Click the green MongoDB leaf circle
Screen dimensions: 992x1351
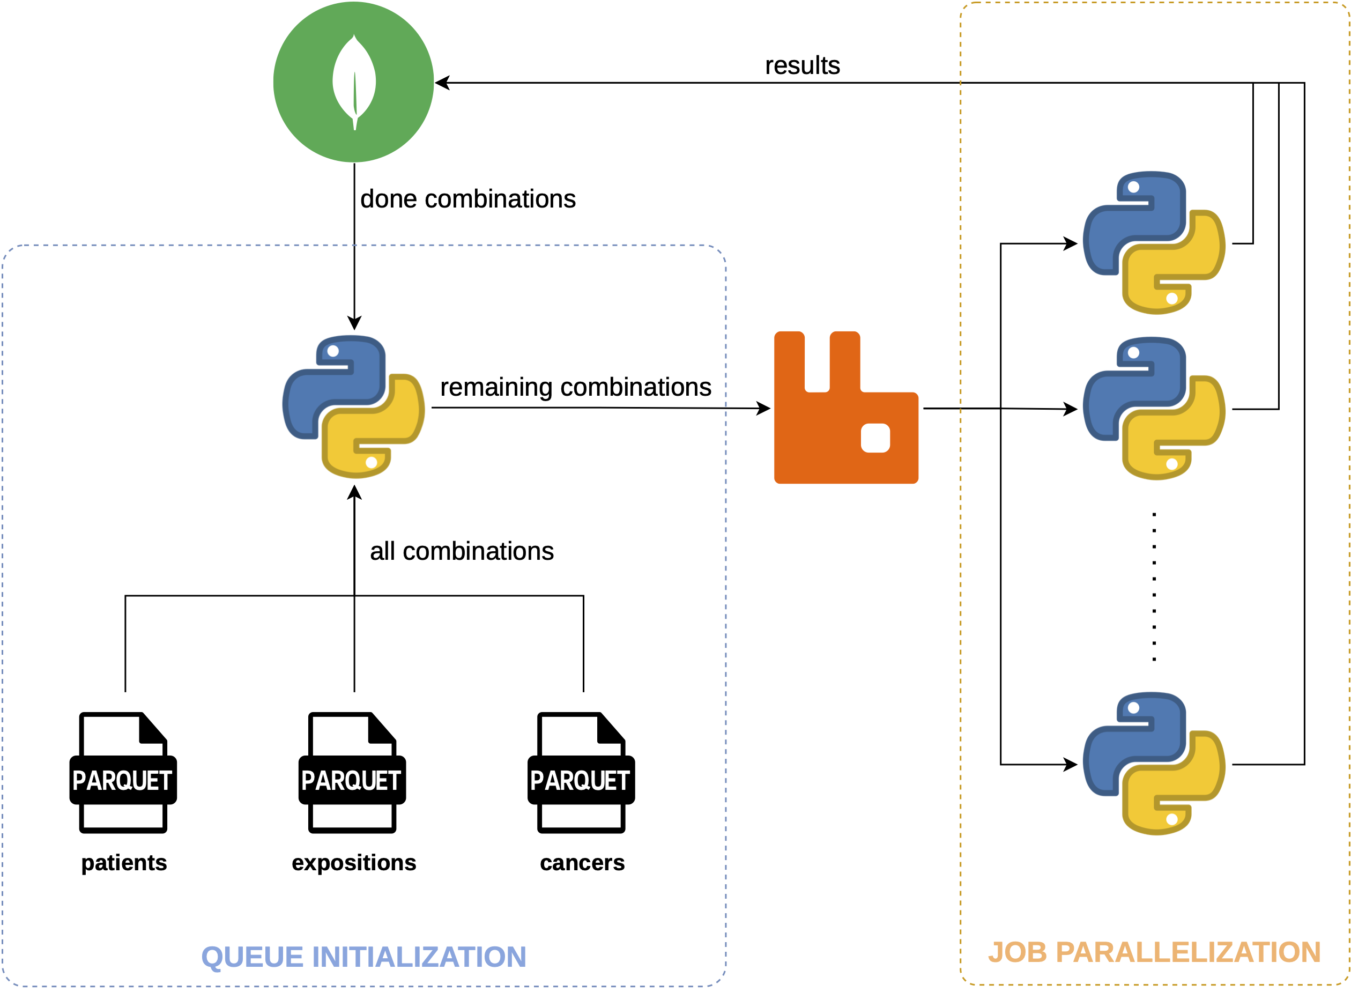tap(353, 82)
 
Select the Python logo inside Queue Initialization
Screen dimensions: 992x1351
tap(353, 406)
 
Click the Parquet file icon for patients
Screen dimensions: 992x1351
tap(123, 773)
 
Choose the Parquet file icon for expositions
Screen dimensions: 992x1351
tap(352, 773)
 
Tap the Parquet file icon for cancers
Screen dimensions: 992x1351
tap(581, 773)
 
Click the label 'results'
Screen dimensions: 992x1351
tap(801, 65)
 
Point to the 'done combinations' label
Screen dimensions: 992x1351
tap(467, 199)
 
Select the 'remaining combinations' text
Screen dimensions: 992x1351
tap(575, 387)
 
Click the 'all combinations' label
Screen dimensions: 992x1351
tap(461, 551)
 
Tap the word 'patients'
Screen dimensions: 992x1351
tap(124, 862)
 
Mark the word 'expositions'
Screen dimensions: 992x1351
tap(354, 862)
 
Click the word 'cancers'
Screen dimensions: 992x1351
tap(582, 862)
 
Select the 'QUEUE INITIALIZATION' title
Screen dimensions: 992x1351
tap(363, 957)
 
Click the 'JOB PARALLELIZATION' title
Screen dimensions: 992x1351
tap(1154, 952)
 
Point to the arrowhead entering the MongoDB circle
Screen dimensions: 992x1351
tap(441, 83)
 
